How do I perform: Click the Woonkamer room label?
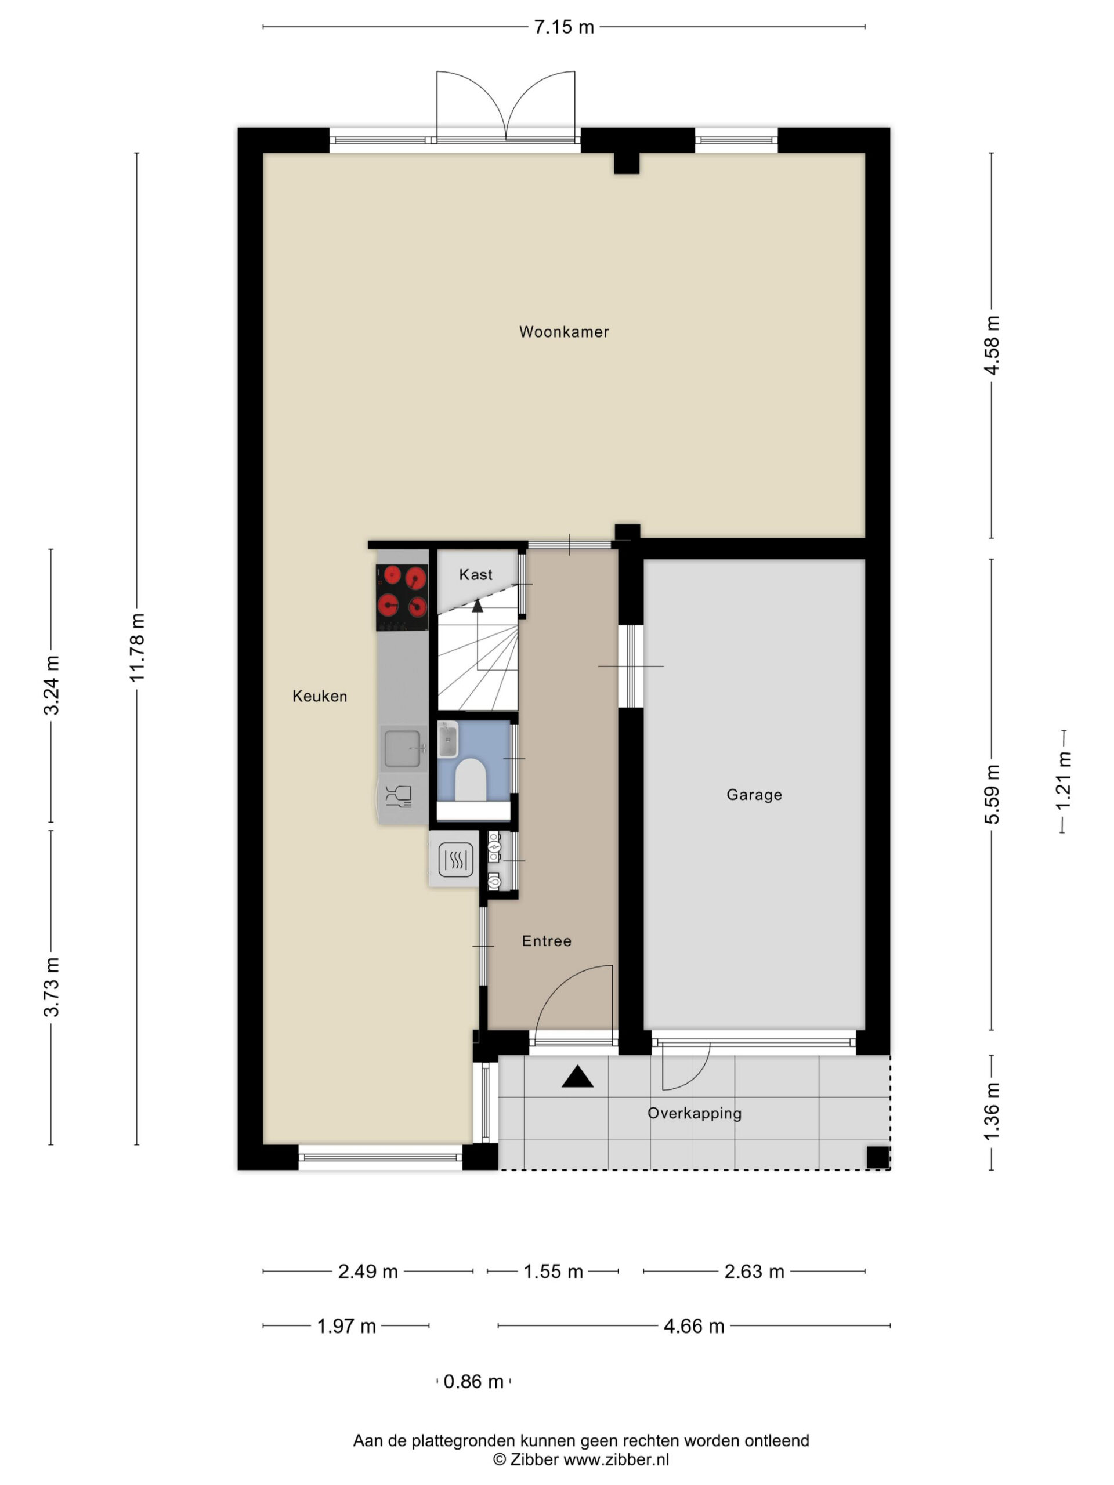(563, 332)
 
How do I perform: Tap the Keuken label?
(320, 696)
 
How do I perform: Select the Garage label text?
(754, 795)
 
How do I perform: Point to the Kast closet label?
(475, 575)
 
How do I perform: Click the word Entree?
(547, 941)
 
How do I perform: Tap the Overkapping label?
(695, 1113)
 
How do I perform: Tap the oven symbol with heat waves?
(456, 859)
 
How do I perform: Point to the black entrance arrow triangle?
(577, 1076)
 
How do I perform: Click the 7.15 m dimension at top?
(564, 27)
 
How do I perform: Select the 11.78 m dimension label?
(137, 648)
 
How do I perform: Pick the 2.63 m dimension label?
(754, 1272)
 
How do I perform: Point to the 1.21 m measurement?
(1064, 782)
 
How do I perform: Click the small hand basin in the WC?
(447, 739)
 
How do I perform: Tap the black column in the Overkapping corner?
(878, 1157)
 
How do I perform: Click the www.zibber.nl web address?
(616, 1459)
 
